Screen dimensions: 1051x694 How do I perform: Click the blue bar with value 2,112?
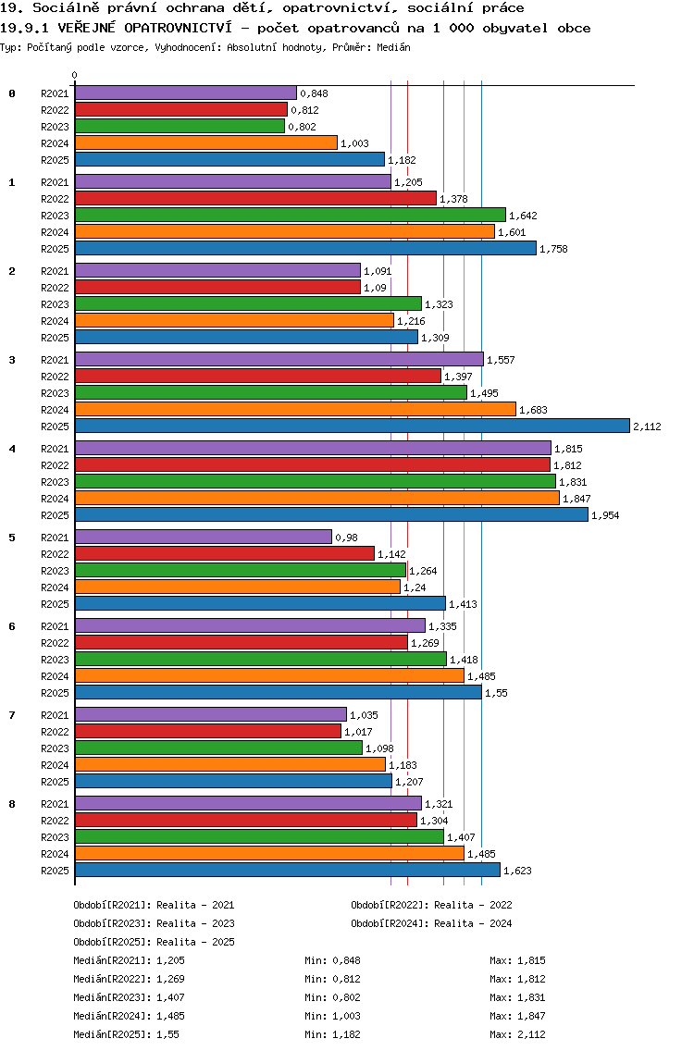tap(352, 426)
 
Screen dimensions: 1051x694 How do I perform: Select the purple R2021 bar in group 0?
tap(185, 93)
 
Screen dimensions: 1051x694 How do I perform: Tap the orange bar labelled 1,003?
tap(205, 142)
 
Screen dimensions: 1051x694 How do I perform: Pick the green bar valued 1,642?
tap(290, 215)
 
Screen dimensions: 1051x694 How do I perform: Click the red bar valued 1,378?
tap(255, 198)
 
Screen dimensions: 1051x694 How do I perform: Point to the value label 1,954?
tap(605, 515)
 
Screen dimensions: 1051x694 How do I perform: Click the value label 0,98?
tap(346, 538)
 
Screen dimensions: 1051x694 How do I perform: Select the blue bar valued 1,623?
tap(287, 870)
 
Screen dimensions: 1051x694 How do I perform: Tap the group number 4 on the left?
tap(12, 449)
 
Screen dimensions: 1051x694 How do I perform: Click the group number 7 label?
tap(12, 715)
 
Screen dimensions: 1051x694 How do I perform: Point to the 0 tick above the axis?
tap(75, 75)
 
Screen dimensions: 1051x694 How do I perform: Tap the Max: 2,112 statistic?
tap(517, 1034)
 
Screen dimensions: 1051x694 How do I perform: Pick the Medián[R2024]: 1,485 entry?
tap(129, 1016)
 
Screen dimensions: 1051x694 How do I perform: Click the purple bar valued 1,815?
tap(313, 448)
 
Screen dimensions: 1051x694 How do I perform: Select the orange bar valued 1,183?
tap(229, 764)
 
